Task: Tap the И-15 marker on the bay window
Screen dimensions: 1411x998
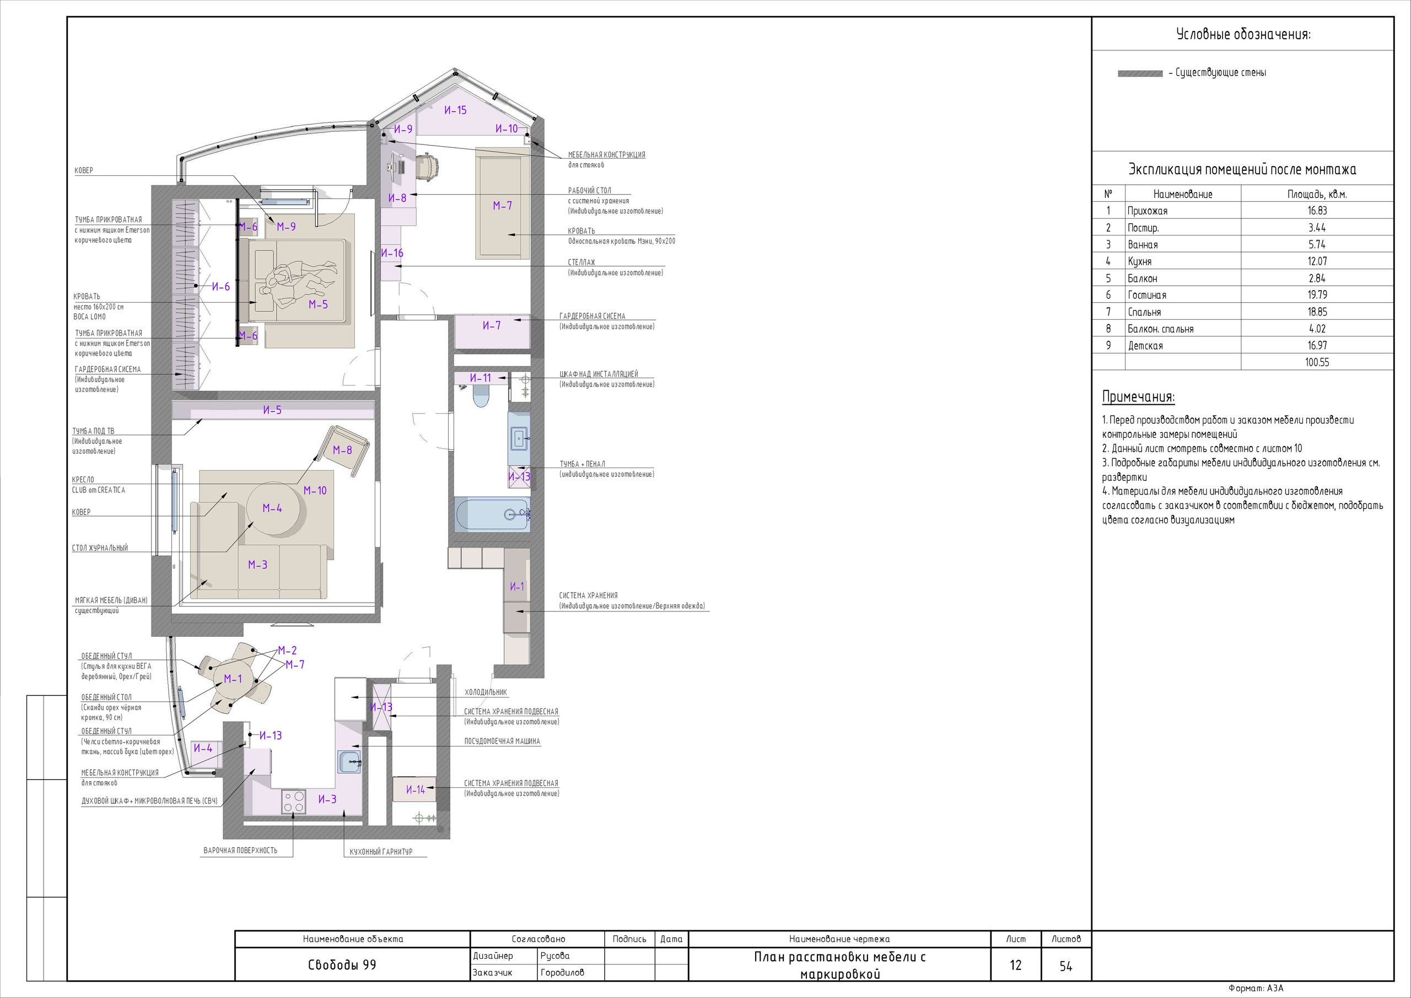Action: [455, 110]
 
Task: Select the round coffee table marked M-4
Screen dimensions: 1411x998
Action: [273, 508]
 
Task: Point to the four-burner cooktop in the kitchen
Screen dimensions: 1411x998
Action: [293, 802]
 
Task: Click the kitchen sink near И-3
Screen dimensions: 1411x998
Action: [349, 762]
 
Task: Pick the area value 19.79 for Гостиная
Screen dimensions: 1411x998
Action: [1317, 294]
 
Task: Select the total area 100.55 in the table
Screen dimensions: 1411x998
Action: [1317, 362]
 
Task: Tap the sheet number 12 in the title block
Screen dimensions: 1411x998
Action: [1015, 965]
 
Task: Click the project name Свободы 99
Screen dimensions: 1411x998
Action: [342, 965]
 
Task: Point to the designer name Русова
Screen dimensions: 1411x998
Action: [555, 956]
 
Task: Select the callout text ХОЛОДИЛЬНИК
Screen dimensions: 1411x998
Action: [486, 692]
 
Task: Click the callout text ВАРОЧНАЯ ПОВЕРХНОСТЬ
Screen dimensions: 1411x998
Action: [240, 850]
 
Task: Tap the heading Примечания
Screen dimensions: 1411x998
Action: [1138, 396]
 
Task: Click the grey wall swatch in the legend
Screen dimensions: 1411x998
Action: [1140, 74]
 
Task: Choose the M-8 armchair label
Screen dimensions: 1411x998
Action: [342, 450]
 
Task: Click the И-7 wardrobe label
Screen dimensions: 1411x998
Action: [492, 325]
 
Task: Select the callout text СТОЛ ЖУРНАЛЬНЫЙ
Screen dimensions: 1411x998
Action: [100, 548]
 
